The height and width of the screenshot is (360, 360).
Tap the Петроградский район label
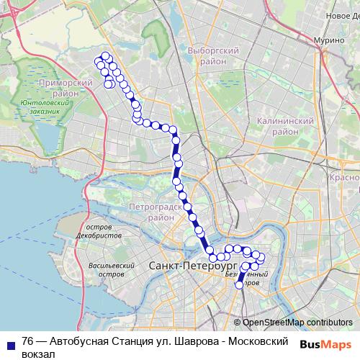click(151, 212)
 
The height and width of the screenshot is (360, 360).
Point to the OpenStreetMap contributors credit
click(297, 322)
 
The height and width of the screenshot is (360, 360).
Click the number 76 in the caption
click(28, 341)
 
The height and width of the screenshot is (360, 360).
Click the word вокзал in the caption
click(39, 353)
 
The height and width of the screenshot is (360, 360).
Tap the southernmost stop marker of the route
click(240, 284)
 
